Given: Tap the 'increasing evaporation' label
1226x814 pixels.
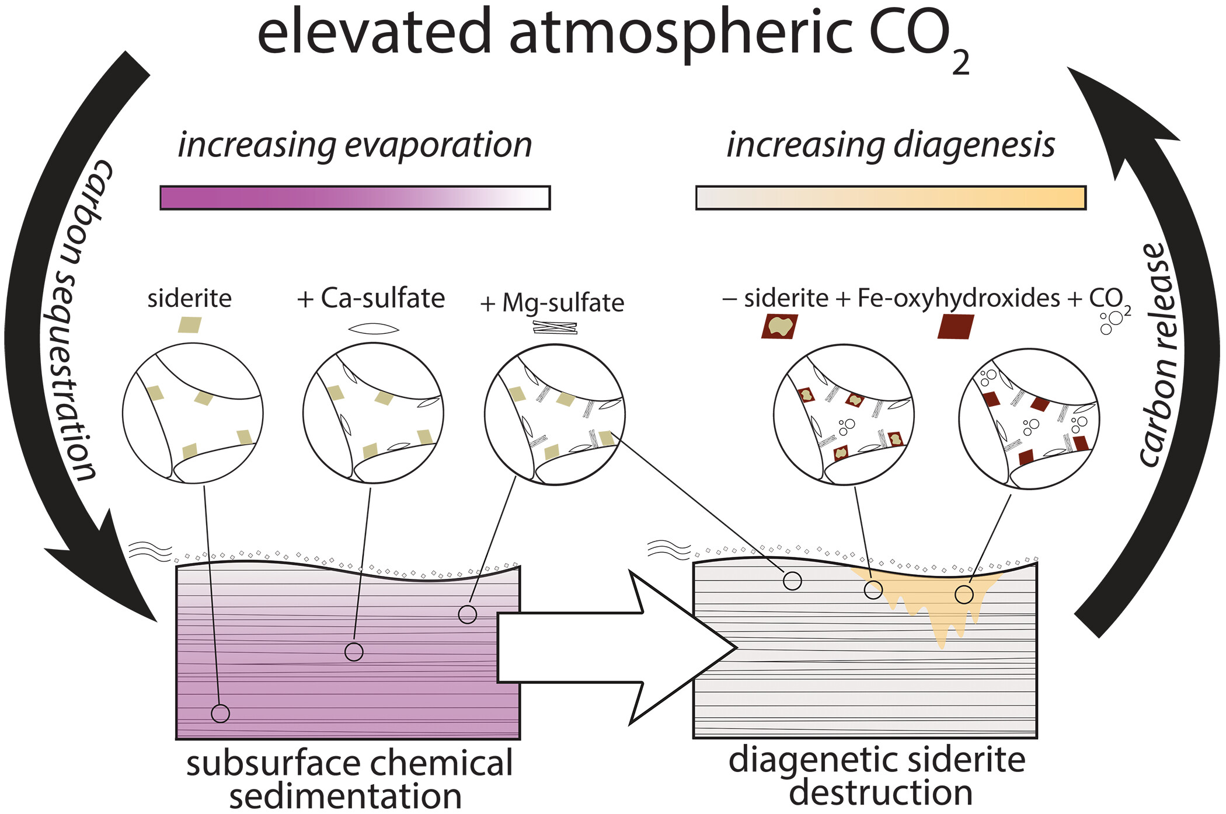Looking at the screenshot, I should coord(355,145).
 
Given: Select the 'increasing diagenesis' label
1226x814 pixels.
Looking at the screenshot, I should coord(890,145).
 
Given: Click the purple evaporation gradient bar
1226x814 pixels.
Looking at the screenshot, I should coord(355,198).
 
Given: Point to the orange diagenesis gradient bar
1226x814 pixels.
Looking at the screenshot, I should coord(890,198).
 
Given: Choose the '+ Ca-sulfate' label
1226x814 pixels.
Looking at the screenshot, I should coord(371,298).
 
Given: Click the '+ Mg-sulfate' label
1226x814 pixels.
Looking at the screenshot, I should coord(552,303).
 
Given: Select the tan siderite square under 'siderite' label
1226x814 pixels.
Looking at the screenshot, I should coord(190,324).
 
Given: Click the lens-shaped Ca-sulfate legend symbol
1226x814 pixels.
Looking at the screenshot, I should coord(374,329).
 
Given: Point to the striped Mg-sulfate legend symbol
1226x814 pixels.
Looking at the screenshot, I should coord(555,328).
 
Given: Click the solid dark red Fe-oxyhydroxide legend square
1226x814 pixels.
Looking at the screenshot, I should coord(955,327).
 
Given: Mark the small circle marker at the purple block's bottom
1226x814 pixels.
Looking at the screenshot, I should coord(220,713).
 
